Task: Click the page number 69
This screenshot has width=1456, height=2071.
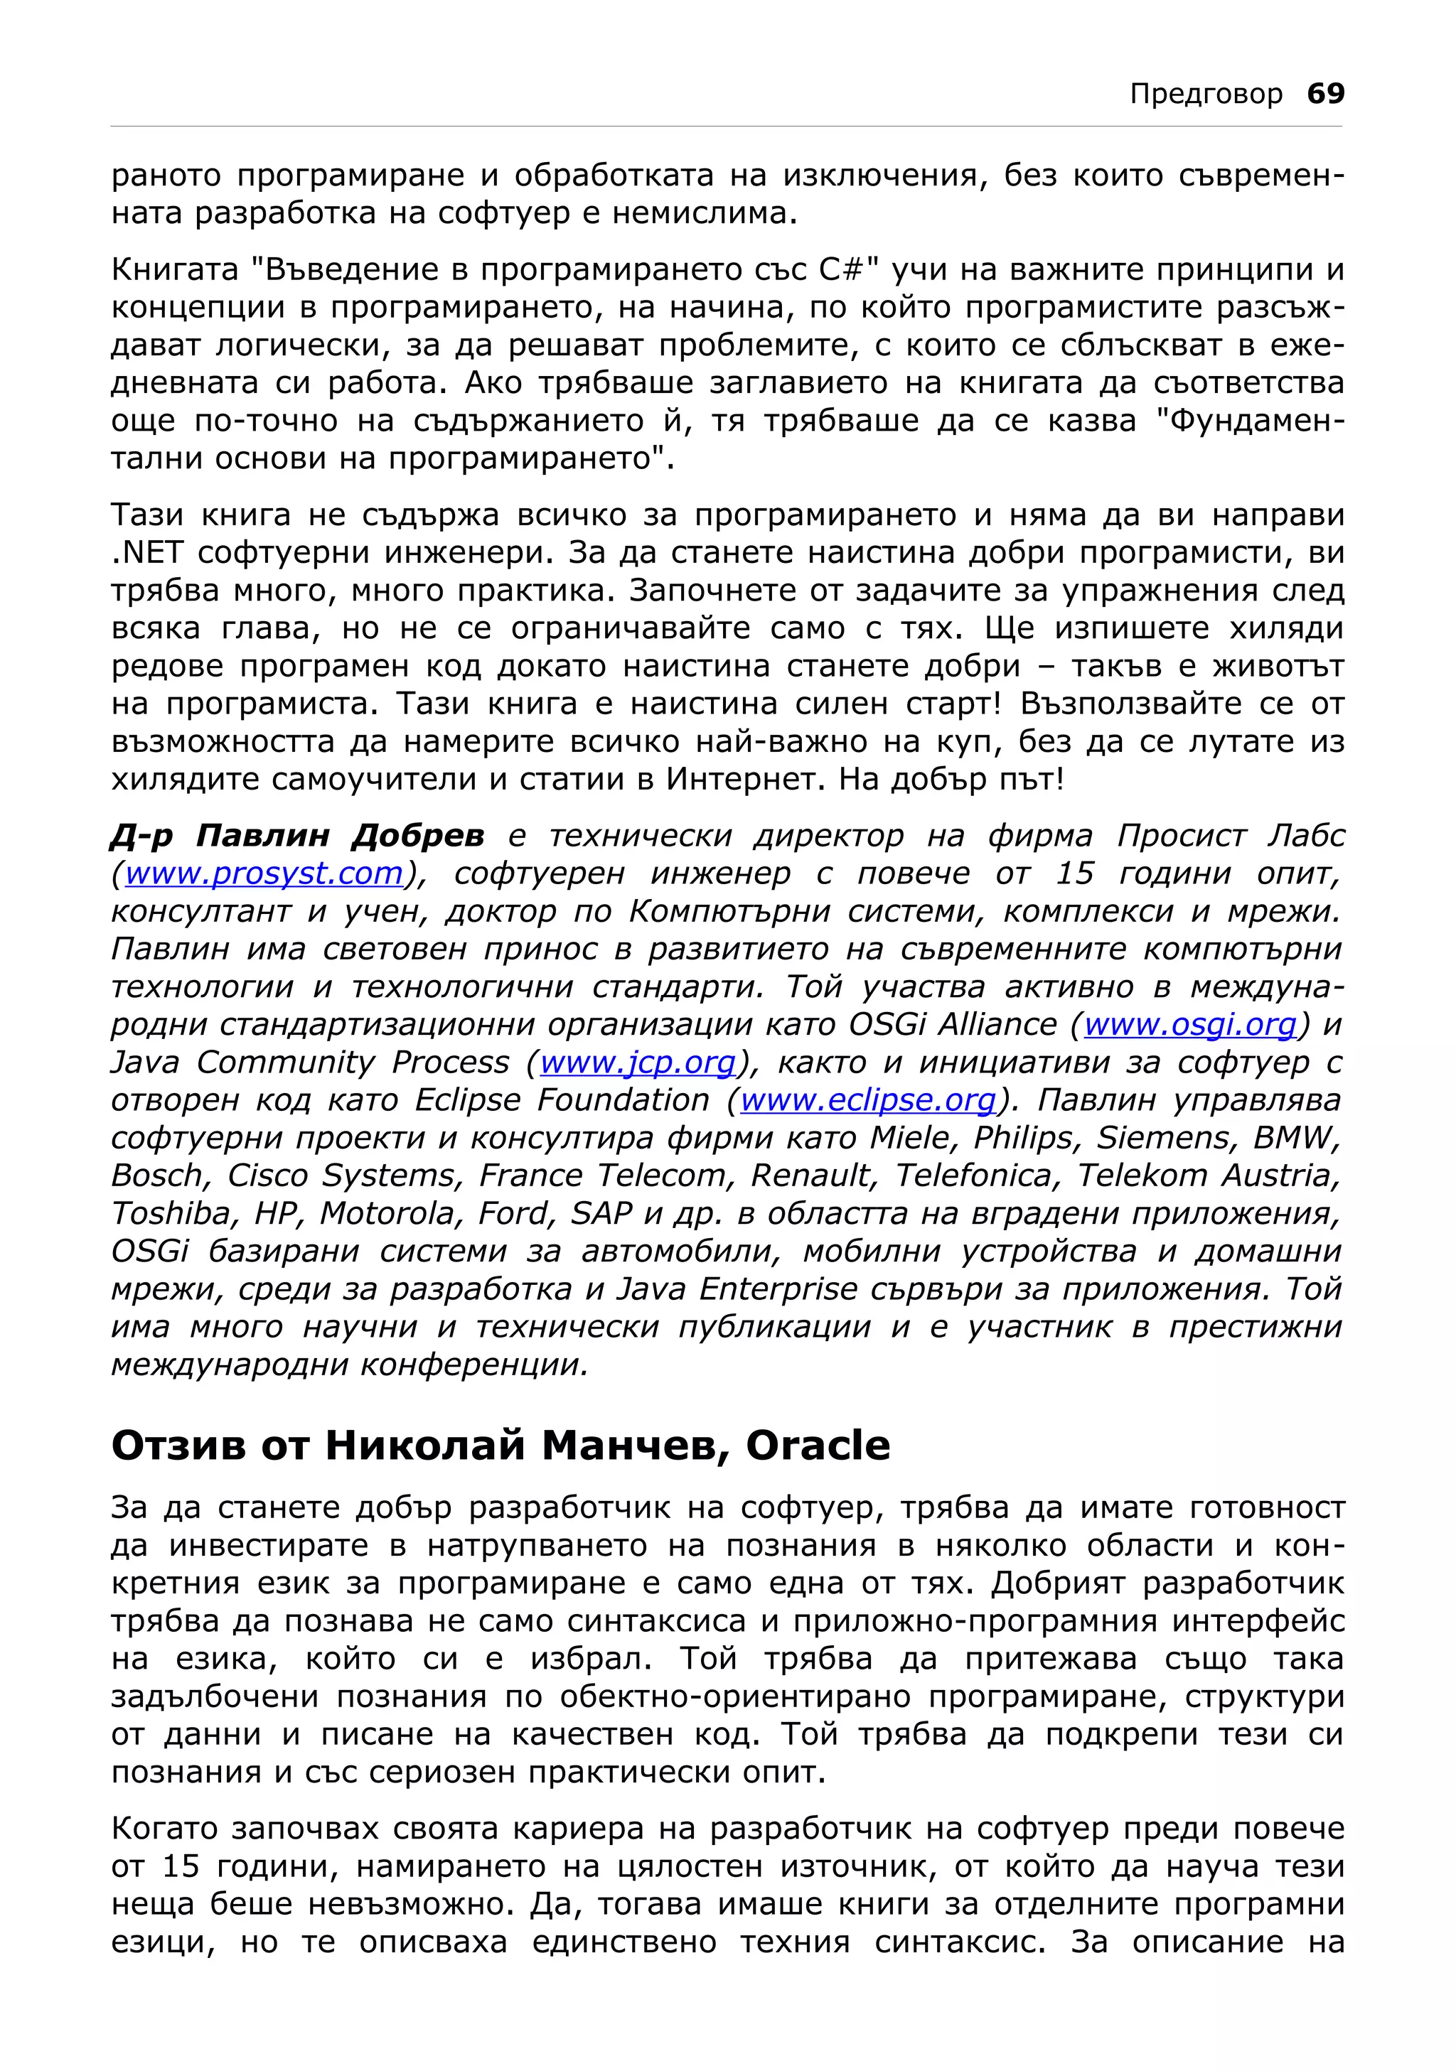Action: point(1325,93)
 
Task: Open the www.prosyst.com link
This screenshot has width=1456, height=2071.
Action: point(264,873)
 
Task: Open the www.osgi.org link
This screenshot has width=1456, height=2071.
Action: point(1190,1025)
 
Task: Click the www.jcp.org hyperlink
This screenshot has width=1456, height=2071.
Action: point(638,1063)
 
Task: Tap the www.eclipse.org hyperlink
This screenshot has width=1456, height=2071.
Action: point(868,1100)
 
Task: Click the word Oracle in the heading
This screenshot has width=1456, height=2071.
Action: point(818,1446)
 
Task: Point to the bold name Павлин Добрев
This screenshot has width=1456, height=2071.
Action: point(298,837)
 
